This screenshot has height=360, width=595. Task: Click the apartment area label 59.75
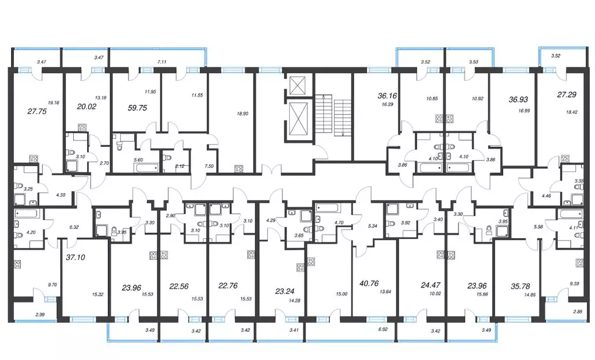click(137, 108)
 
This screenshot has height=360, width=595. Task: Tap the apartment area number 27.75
click(37, 111)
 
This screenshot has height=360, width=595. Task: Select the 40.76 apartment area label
click(368, 283)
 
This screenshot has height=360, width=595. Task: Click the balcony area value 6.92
click(383, 330)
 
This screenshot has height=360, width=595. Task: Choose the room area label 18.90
click(242, 113)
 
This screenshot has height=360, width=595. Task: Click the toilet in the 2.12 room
click(168, 157)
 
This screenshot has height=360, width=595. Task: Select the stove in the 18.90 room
click(239, 168)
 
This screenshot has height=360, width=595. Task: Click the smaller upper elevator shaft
click(297, 85)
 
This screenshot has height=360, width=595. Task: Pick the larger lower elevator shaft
click(297, 119)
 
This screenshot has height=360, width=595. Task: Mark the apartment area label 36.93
click(518, 99)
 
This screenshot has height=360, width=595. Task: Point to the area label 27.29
click(567, 95)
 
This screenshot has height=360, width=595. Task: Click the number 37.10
click(76, 257)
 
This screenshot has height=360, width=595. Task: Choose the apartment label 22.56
click(179, 286)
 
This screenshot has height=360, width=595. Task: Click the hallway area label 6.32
click(74, 227)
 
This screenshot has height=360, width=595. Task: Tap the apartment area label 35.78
click(520, 286)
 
